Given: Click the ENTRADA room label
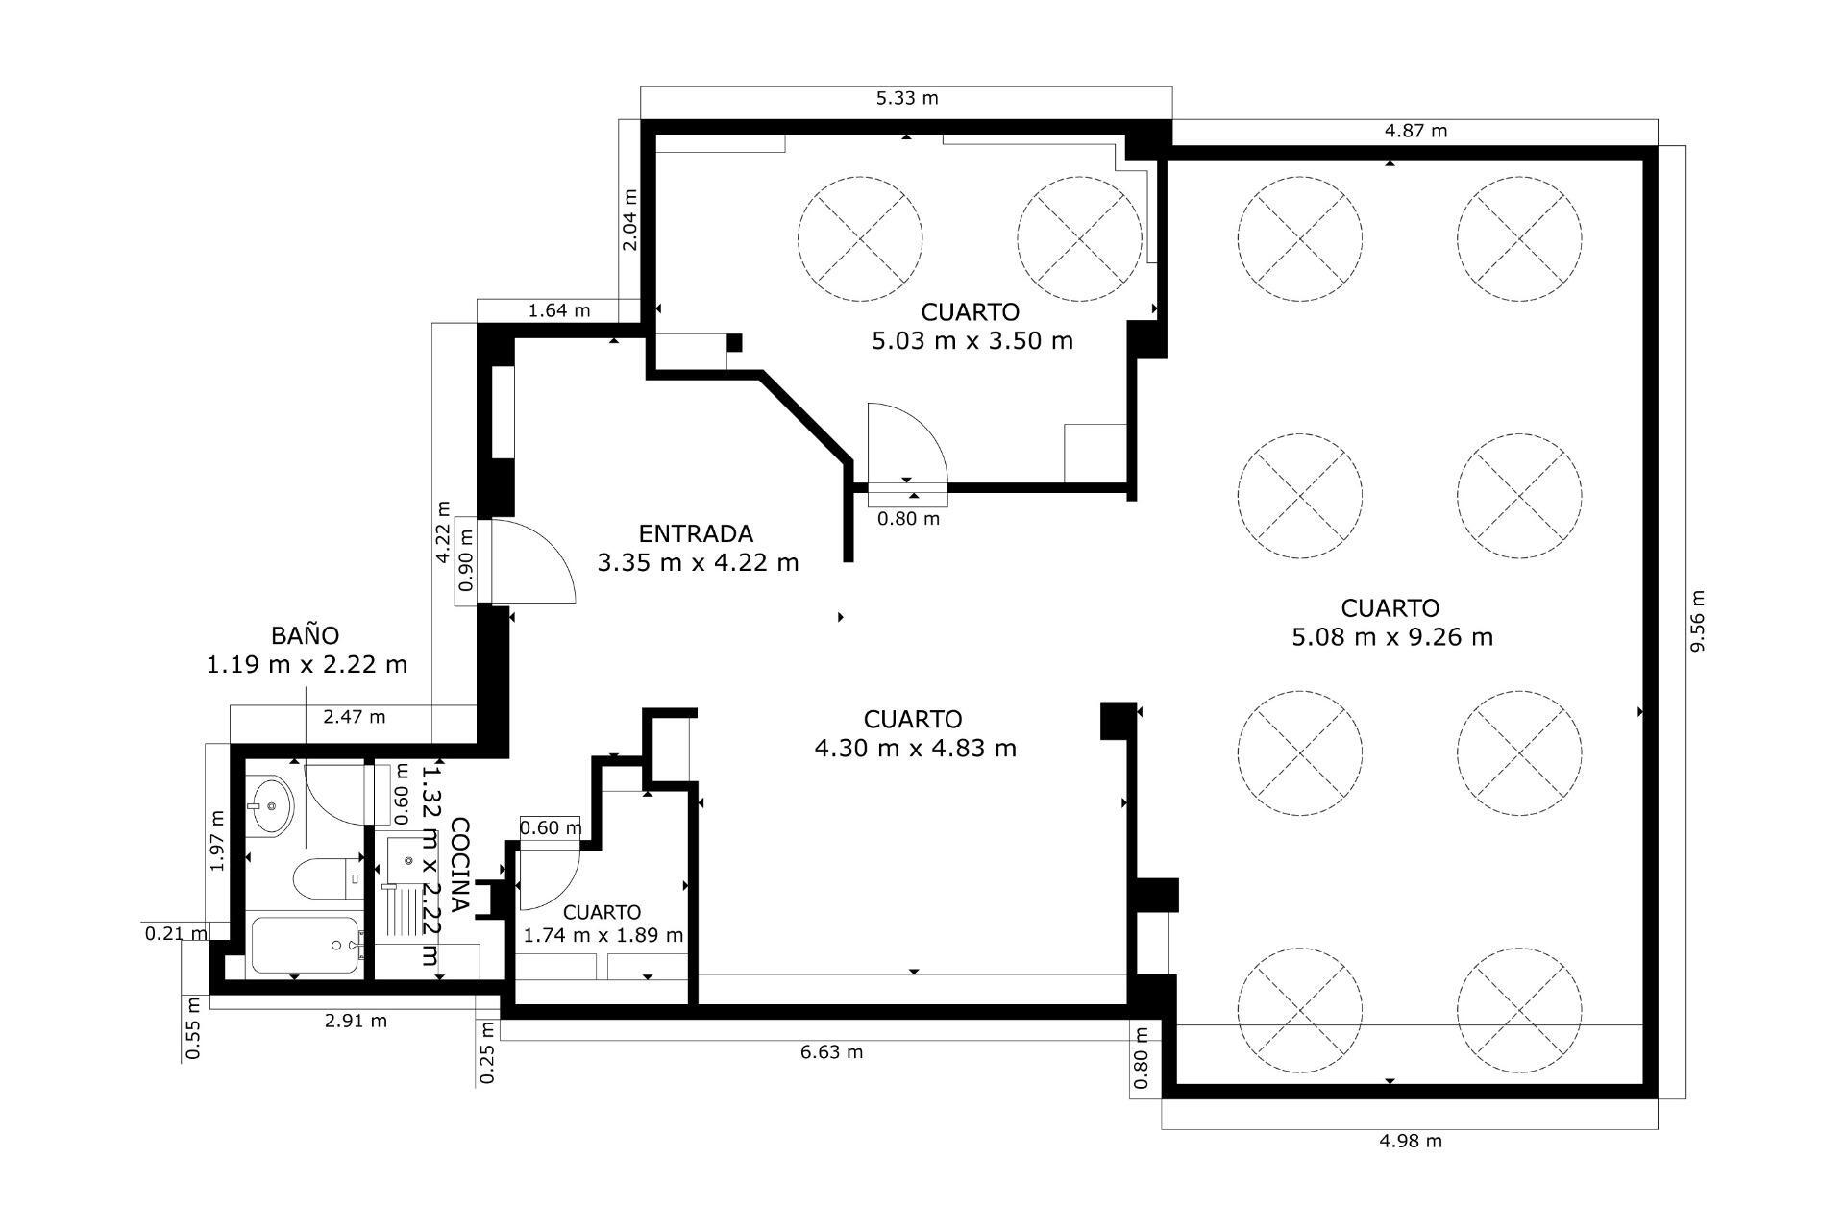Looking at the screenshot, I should click(x=696, y=533).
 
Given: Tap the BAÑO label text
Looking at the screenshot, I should click(x=305, y=635).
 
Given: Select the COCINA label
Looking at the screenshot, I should click(x=460, y=864).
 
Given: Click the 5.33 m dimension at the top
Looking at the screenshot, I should click(x=906, y=98).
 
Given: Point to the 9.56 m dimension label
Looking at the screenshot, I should click(x=1697, y=621).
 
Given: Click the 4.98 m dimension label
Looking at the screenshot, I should click(x=1410, y=1141).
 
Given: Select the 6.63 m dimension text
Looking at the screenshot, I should click(x=831, y=1051).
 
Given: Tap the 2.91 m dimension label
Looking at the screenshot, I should click(x=356, y=1021).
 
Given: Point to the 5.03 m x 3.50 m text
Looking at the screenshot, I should click(x=972, y=340).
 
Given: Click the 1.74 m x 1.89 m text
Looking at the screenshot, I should click(x=603, y=935).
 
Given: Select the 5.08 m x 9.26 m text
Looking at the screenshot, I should click(x=1391, y=636).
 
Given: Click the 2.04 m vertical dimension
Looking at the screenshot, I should click(x=629, y=219).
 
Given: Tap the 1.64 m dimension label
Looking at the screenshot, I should click(x=559, y=310).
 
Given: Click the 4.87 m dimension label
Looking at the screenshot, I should click(x=1414, y=131).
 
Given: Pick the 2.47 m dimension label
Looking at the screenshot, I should click(x=354, y=716).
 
